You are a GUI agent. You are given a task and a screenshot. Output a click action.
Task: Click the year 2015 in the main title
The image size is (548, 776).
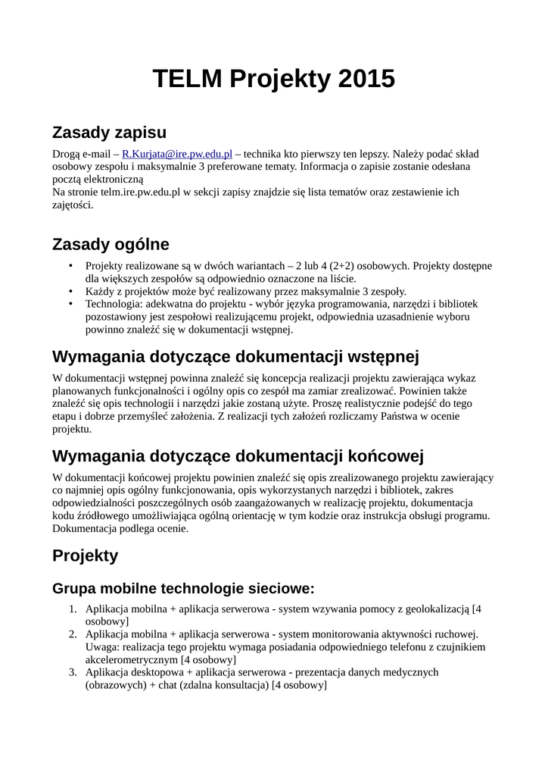[x=367, y=79]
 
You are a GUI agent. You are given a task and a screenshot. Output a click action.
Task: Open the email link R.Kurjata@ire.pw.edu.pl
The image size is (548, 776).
[x=177, y=154]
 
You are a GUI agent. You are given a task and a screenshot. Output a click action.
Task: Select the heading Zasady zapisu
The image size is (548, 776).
[x=109, y=133]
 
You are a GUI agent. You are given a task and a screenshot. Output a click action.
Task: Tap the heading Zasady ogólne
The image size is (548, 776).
[x=111, y=244]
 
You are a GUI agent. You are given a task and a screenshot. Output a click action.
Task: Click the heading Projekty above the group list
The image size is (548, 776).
[x=86, y=555]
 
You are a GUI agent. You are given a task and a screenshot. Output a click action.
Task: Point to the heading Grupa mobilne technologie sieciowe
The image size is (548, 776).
[x=183, y=589]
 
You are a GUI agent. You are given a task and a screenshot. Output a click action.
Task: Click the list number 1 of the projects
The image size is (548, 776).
[x=73, y=609]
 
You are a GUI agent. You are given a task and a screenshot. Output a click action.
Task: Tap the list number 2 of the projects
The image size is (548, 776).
[x=73, y=634]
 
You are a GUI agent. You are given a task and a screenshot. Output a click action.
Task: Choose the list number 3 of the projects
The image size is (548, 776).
[x=73, y=672]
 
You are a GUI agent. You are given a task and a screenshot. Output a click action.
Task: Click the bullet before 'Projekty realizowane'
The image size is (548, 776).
[x=71, y=266]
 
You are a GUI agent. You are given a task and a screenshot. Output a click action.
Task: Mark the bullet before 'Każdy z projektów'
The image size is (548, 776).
[x=71, y=291]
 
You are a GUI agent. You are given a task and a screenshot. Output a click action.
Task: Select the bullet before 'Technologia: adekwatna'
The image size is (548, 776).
[x=71, y=304]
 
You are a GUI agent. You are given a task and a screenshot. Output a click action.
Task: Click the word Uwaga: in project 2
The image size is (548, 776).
[x=102, y=647]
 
